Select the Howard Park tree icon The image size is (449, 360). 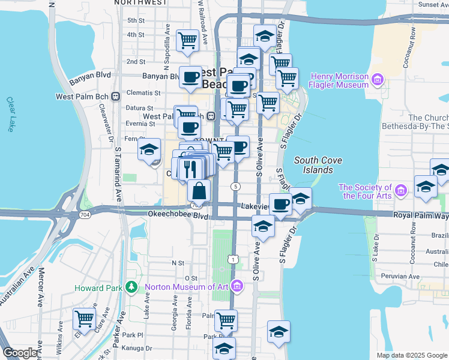pyautogui.click(x=131, y=287)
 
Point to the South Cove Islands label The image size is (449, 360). pyautogui.click(x=313, y=165)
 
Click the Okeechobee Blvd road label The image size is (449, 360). pyautogui.click(x=169, y=214)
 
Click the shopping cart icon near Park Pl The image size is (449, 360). pyautogui.click(x=226, y=320)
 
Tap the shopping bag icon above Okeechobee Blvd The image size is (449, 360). pyautogui.click(x=199, y=191)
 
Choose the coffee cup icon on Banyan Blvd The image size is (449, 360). pyautogui.click(x=190, y=77)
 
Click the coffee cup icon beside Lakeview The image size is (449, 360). pyautogui.click(x=280, y=205)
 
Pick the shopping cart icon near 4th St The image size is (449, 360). pyautogui.click(x=188, y=41)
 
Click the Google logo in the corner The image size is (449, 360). pyautogui.click(x=20, y=353)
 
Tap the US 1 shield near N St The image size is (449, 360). pyautogui.click(x=232, y=259)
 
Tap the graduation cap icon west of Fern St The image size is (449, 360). pyautogui.click(x=149, y=151)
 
